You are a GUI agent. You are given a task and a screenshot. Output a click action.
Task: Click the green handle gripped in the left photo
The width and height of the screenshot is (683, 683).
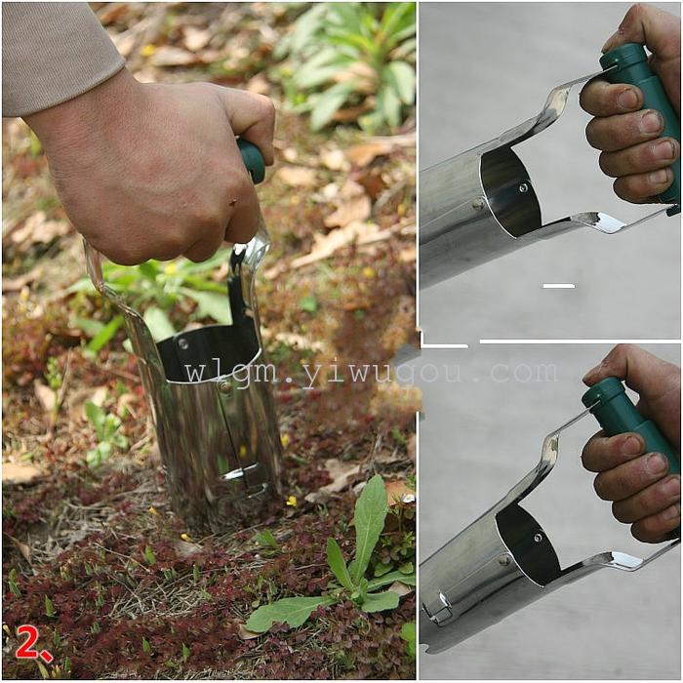[x=252, y=159]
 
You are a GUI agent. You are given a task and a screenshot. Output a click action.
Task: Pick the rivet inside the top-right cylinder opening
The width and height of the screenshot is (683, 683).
[x=522, y=188]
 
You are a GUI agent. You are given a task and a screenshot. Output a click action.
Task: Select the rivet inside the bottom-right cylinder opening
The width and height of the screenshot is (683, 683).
[x=539, y=538]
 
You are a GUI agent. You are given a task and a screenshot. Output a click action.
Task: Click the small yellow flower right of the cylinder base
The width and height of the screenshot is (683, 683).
[x=291, y=501]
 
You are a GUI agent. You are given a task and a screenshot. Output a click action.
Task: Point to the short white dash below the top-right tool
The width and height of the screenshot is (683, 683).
[x=559, y=286]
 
